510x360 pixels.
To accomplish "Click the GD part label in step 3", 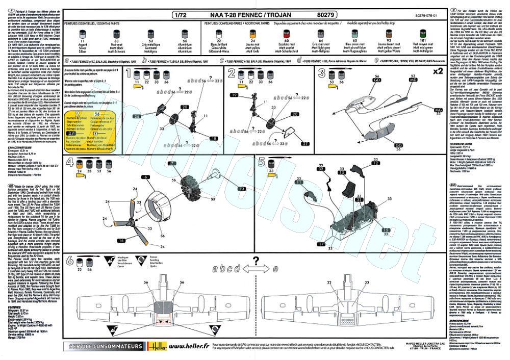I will tap(378, 80).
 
